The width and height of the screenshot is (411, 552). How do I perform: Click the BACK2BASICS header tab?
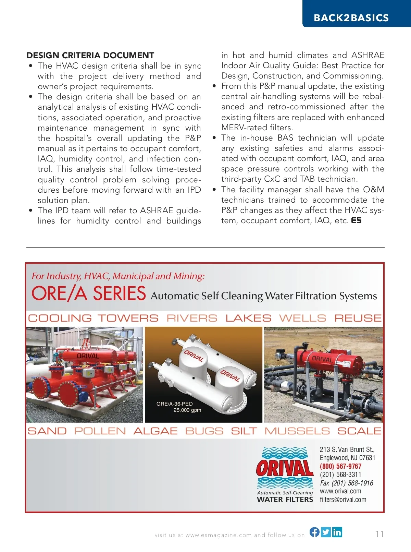click(351, 17)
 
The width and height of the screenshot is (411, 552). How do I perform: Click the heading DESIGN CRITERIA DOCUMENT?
click(90, 56)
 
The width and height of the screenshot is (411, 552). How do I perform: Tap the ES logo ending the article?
click(356, 220)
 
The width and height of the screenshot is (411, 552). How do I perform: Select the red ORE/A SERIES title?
click(89, 294)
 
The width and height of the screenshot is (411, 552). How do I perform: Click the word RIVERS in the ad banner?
click(192, 318)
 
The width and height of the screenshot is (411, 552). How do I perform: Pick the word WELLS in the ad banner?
click(302, 318)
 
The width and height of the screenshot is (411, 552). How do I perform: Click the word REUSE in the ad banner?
click(358, 318)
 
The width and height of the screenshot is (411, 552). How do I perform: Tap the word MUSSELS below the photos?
click(297, 431)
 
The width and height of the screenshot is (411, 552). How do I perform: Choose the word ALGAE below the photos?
click(155, 431)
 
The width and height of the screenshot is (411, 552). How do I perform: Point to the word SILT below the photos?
click(244, 431)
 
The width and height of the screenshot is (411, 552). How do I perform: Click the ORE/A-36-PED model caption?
click(174, 404)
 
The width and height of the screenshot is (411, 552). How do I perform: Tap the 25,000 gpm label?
click(187, 410)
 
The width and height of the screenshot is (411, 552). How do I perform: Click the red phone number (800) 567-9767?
click(340, 466)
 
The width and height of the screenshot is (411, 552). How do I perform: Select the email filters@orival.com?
click(343, 500)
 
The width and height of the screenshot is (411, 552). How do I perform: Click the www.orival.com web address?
click(340, 491)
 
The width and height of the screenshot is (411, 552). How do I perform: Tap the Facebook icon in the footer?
click(314, 532)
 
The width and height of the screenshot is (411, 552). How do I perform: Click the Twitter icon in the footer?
click(326, 532)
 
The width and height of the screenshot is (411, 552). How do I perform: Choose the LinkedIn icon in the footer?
click(337, 532)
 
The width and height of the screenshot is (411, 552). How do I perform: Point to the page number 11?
click(379, 534)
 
